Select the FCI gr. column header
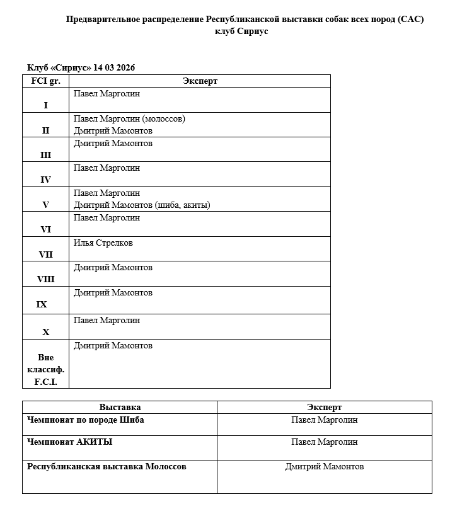point(45,81)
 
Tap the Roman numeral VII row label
point(45,254)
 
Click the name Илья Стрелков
point(103,243)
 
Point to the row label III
point(45,155)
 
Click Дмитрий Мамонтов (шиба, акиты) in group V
point(142,205)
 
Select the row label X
point(45,332)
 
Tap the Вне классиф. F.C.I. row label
point(45,370)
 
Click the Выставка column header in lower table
point(120,408)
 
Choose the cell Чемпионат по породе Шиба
point(86,420)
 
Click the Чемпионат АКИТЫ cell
point(70,442)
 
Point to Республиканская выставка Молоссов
point(107,467)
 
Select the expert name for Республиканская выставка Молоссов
point(325,467)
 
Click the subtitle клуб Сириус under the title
point(241,31)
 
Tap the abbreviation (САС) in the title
point(412,19)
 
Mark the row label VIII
point(45,280)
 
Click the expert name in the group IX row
point(113,293)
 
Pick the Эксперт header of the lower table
point(325,408)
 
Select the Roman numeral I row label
point(45,105)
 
